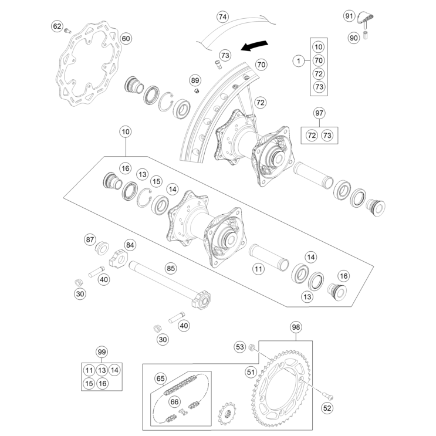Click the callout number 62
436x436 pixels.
coord(57,26)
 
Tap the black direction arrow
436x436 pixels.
coord(255,44)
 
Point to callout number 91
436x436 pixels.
coord(349,15)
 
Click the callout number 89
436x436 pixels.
coord(195,80)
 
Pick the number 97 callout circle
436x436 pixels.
coord(319,113)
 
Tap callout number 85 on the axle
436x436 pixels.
coord(171,269)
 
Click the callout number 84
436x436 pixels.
coord(130,245)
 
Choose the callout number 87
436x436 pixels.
coord(90,239)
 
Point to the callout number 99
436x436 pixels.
coord(102,352)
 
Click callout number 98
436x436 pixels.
coord(296,327)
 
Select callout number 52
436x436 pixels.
coord(327,407)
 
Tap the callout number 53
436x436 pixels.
coord(239,347)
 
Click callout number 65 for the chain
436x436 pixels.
coord(161,378)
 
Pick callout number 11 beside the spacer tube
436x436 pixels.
coord(258,269)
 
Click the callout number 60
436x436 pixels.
coord(126,39)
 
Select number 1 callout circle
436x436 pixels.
coord(298,60)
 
